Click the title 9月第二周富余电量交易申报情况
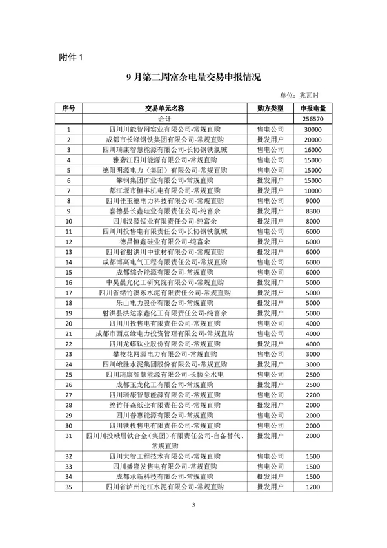coord(193,77)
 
